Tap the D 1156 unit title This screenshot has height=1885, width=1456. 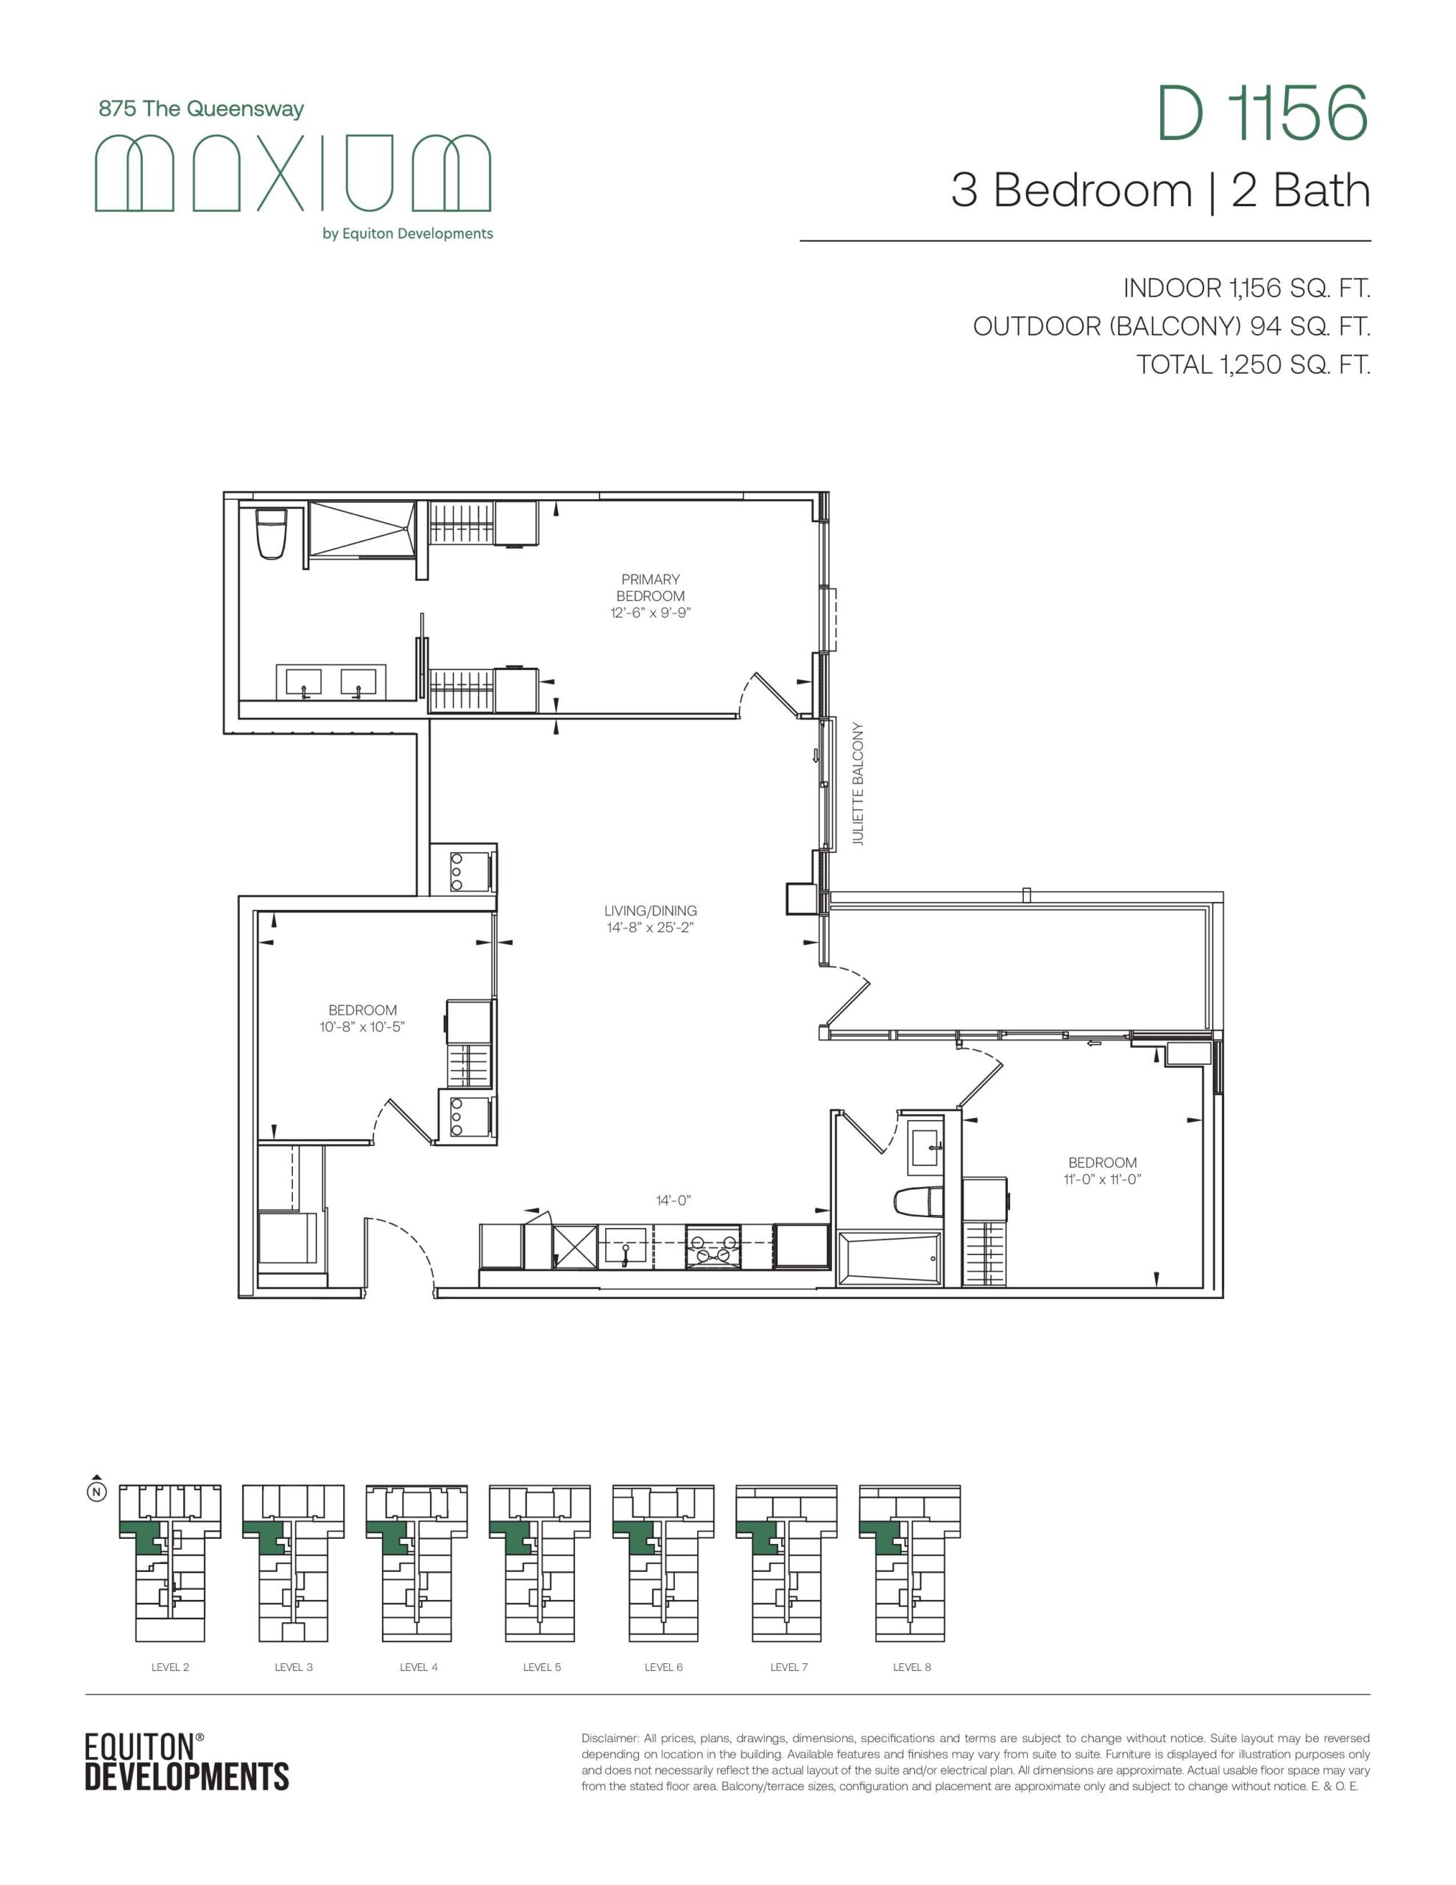[1262, 113]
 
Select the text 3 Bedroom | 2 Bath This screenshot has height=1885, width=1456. [1161, 191]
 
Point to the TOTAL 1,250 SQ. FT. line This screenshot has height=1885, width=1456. [1253, 365]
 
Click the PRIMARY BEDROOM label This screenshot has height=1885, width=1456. [651, 588]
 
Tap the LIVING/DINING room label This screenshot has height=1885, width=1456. [651, 911]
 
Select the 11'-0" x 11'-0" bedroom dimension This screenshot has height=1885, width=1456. [1102, 1180]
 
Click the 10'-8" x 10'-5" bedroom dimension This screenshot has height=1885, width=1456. [362, 1027]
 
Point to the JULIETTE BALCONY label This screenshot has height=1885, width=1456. [857, 783]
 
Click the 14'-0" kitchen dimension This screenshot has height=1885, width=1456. [674, 1200]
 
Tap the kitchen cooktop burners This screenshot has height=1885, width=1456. [713, 1247]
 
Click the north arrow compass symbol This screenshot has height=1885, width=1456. [97, 1489]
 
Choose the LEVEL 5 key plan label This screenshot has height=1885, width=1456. [542, 1666]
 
